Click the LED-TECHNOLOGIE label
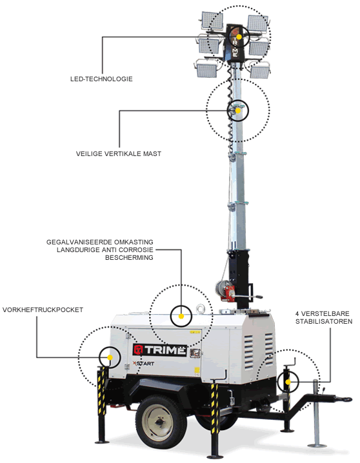click(x=101, y=79)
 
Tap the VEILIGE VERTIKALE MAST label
click(x=118, y=153)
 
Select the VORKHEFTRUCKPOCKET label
click(x=43, y=310)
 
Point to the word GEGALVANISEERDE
click(x=78, y=242)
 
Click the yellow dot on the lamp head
click(x=239, y=37)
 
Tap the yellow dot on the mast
click(x=238, y=111)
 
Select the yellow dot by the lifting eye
click(x=181, y=317)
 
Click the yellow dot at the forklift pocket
click(x=110, y=357)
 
